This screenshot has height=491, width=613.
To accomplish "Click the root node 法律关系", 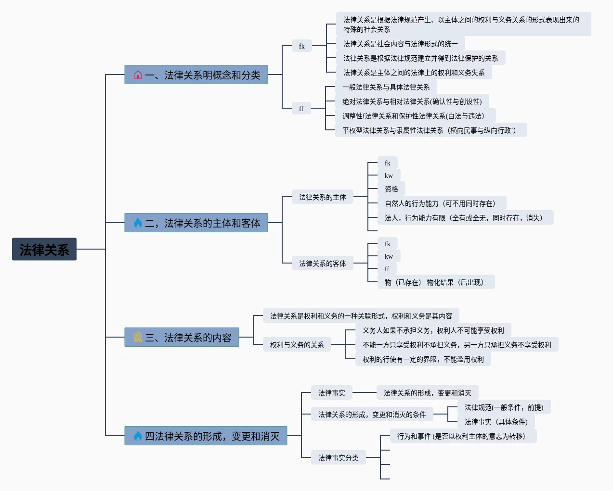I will pos(44,249).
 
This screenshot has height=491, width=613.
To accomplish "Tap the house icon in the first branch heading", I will pos(138,75).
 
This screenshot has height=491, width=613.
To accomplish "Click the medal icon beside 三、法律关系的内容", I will pos(138,338).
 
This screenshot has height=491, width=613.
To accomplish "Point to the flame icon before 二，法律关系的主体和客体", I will pos(138,223).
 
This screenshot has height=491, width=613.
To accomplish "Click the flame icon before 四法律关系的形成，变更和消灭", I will pos(138,436).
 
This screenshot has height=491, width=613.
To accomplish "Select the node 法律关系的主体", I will pos(322,197).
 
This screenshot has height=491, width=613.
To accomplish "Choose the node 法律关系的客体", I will pos(322,264).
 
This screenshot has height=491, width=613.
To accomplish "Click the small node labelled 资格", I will pos(391,189).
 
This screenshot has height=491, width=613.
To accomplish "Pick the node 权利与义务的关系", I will pos(297,345).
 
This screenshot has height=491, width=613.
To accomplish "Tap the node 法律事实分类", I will pos(338,458).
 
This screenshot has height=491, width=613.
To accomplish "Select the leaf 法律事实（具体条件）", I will pos(496,422).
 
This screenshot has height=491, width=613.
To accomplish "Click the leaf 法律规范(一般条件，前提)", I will pos(504,407).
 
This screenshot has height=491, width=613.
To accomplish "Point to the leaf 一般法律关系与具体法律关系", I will pos(386,87).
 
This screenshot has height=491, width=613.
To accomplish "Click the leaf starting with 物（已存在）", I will pos(436,282).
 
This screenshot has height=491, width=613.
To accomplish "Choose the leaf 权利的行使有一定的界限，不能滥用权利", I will pos(423,359).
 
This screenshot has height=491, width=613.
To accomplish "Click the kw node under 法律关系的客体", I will pos(389,256).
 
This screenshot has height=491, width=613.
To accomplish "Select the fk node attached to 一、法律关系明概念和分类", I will pos(301,46).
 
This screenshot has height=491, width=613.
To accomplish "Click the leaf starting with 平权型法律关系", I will pos(430,130).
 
